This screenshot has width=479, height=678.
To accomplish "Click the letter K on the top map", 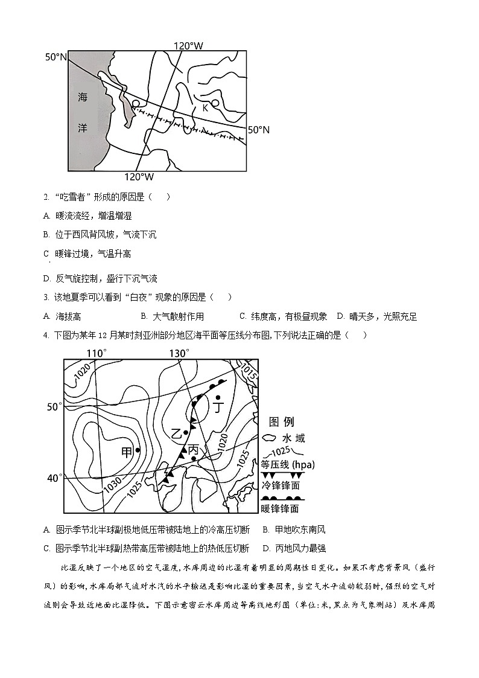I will [205, 107].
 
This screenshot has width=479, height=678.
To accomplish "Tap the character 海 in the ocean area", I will [83, 97].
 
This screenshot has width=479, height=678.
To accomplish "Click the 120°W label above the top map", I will [188, 46].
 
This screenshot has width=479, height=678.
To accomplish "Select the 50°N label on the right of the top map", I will [259, 130].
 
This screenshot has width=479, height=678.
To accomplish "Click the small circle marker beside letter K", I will [215, 103].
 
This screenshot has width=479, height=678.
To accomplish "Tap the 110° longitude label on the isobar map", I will [97, 353].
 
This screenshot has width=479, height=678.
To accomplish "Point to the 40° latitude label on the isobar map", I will [55, 478].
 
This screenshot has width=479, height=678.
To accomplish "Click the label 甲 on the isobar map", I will [127, 452].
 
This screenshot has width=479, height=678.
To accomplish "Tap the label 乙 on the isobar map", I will [176, 433].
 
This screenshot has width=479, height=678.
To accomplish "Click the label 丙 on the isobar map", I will [193, 450].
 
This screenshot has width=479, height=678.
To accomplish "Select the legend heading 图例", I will [281, 421].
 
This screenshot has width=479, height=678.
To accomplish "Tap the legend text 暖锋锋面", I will [279, 509].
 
